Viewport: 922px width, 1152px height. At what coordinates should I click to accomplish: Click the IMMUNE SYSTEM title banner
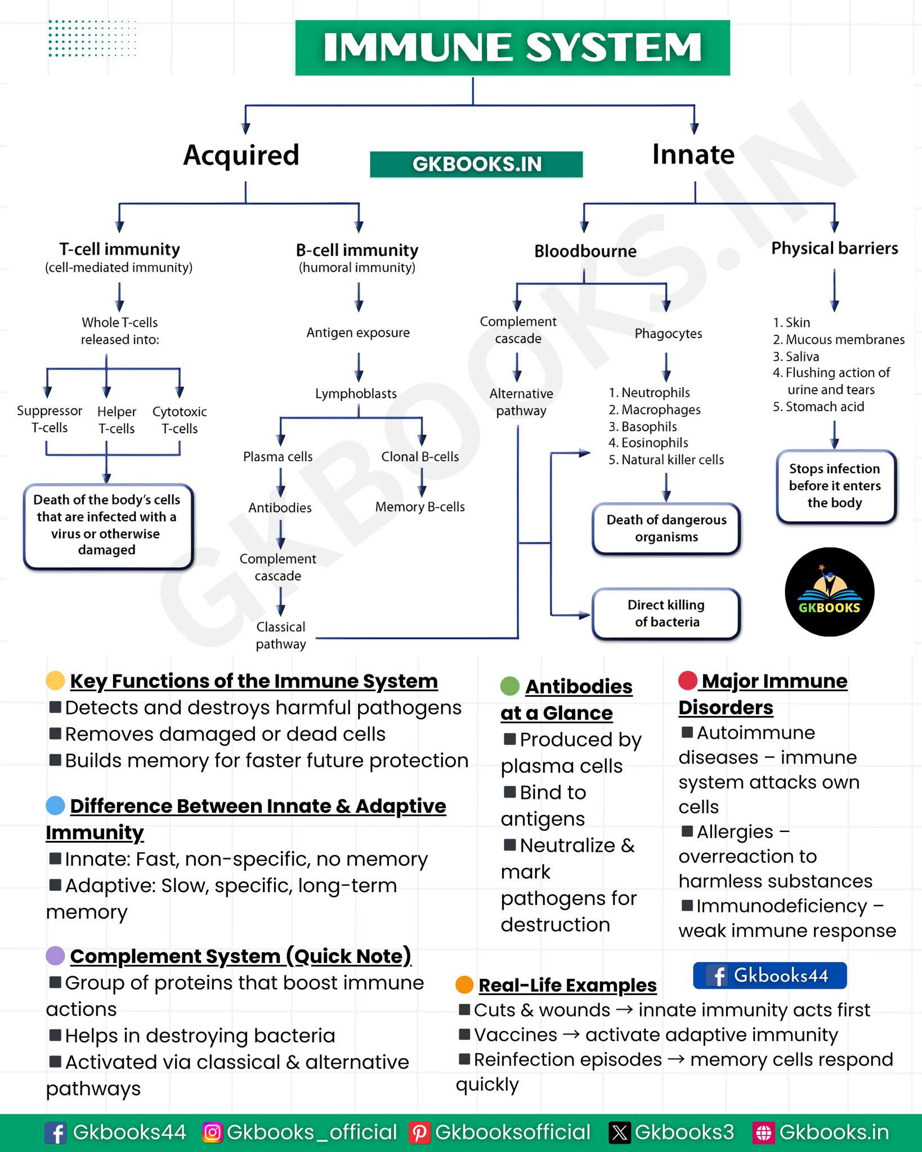[512, 48]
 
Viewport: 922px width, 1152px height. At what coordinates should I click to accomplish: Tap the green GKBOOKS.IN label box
[476, 164]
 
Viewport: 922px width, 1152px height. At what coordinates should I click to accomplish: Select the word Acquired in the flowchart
[241, 155]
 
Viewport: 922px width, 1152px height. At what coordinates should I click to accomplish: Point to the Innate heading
[693, 154]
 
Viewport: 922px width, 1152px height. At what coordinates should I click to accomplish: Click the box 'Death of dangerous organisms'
[666, 528]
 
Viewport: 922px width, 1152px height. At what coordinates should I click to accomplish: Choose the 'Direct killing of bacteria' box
[666, 614]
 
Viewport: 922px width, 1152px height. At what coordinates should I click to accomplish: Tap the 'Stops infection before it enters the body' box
[835, 486]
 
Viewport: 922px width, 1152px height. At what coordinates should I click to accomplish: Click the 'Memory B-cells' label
[420, 507]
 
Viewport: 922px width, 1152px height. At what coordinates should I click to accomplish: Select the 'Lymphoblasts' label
[356, 394]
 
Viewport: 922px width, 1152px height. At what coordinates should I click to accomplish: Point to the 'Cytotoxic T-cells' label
[180, 420]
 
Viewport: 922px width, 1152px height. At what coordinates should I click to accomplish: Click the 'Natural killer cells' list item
[666, 460]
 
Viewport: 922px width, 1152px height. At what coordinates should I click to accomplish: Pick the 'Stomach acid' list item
[818, 407]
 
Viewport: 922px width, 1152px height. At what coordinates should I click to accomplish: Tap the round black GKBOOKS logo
[829, 592]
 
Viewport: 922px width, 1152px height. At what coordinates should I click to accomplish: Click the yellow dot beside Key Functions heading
[55, 681]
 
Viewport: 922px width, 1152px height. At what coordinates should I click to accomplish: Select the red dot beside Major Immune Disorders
[688, 681]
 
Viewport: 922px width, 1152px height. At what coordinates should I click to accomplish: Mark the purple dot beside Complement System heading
[55, 956]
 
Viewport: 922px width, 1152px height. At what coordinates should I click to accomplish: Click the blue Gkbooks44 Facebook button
[769, 975]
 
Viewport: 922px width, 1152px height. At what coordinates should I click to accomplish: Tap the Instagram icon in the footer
[212, 1132]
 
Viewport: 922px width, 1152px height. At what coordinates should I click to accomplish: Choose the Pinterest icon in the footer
[419, 1132]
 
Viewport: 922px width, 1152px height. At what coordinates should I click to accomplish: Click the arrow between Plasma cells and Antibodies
[280, 483]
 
